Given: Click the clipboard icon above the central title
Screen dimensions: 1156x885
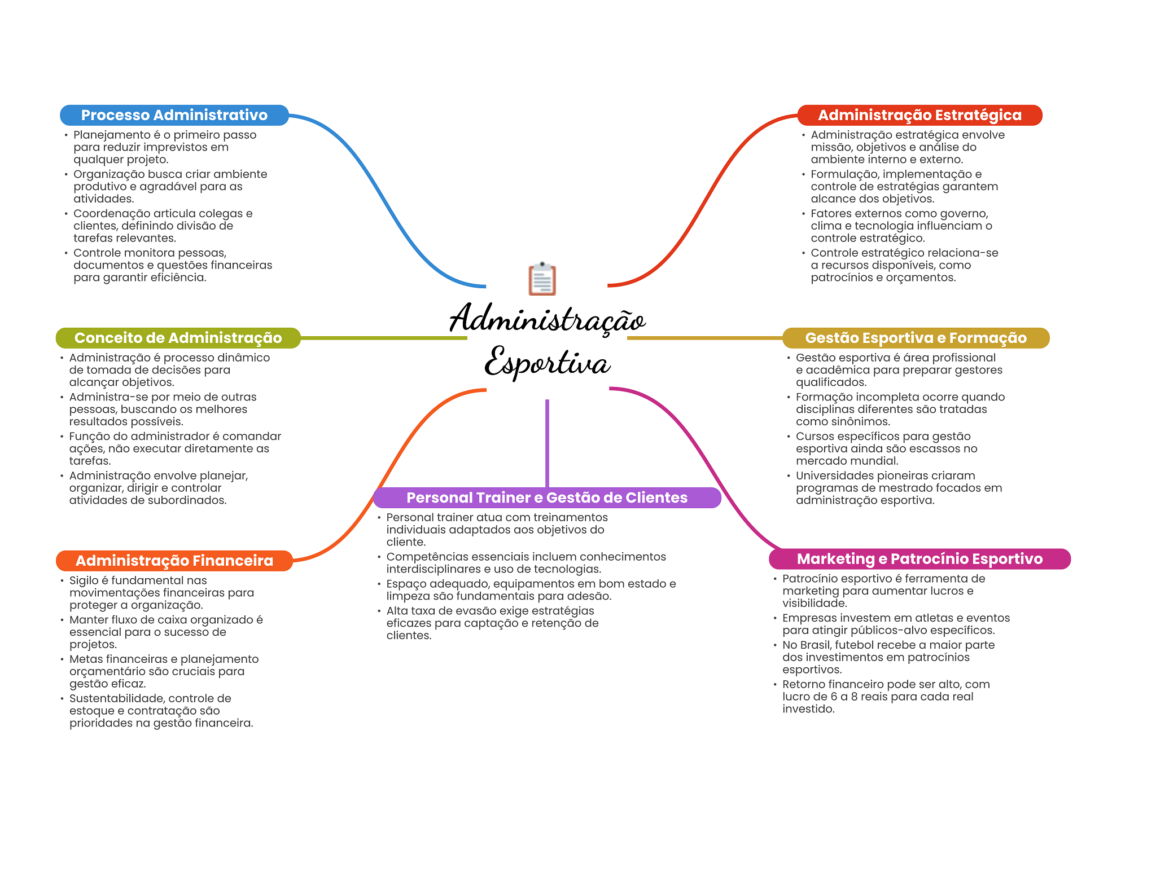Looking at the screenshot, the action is [x=542, y=279].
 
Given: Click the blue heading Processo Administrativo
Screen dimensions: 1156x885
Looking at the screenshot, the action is [x=174, y=115].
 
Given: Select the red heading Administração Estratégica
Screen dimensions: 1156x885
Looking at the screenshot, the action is [x=919, y=115].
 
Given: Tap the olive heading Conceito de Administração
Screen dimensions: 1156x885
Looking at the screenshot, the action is [x=178, y=338].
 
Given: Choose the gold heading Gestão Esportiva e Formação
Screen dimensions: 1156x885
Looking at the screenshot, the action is [x=916, y=338].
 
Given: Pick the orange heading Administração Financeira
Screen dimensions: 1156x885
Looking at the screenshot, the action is [x=174, y=561].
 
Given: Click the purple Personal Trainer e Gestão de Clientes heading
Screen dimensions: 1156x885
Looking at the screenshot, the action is [x=547, y=497].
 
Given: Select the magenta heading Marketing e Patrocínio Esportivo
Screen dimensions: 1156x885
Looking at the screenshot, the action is [x=919, y=559].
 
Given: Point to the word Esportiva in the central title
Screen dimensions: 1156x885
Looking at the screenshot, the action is [x=547, y=362].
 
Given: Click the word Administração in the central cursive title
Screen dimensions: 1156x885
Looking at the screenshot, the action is [x=547, y=319].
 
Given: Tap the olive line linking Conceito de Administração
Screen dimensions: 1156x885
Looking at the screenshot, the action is [x=384, y=338].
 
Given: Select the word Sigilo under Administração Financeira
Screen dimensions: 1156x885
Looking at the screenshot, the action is [x=84, y=580].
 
